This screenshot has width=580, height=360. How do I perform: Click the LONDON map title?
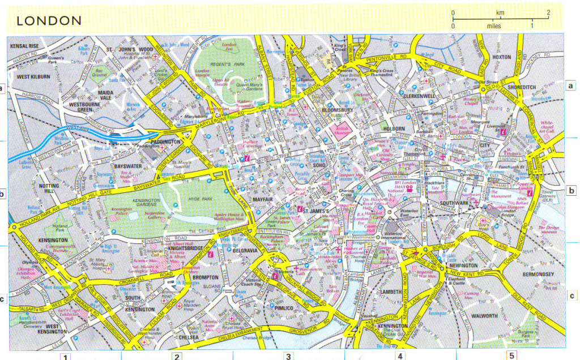(x=49, y=21)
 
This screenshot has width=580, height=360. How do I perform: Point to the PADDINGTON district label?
(x=165, y=141)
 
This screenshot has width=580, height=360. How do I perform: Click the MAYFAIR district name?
(x=264, y=199)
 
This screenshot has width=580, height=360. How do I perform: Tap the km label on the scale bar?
(x=500, y=12)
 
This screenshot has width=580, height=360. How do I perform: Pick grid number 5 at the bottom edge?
(x=511, y=355)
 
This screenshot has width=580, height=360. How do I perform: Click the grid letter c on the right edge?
(x=572, y=295)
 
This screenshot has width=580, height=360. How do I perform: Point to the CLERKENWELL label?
(x=420, y=96)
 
